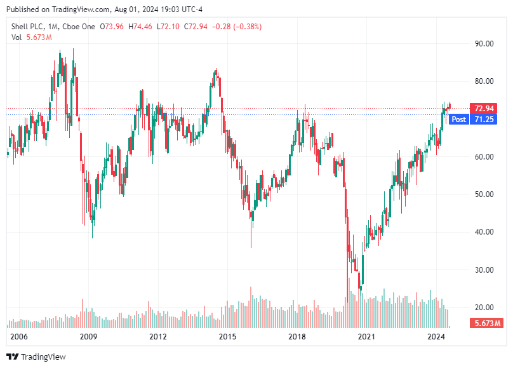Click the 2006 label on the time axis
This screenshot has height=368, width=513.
[19, 336]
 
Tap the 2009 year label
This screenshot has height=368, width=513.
[88, 336]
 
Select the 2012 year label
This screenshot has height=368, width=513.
[157, 336]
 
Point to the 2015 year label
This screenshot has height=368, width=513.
[227, 336]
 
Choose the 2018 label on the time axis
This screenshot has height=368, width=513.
[297, 336]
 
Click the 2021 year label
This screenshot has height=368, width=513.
[366, 336]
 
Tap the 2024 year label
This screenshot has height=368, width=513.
[436, 336]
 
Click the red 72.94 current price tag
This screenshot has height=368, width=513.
[484, 108]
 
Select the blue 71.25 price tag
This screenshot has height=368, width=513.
[484, 119]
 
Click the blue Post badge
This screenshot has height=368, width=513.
[458, 119]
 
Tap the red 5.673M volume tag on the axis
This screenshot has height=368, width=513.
[488, 324]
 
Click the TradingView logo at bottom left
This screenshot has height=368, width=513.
[36, 357]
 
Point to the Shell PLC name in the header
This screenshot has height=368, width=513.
[29, 27]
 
